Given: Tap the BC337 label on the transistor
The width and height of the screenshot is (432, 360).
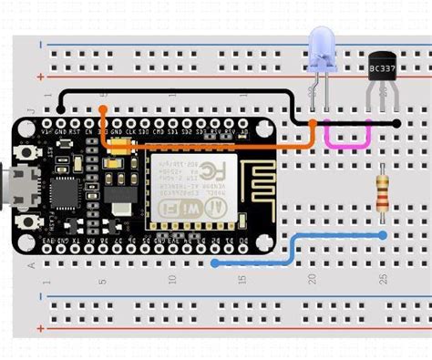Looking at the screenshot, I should [381, 68].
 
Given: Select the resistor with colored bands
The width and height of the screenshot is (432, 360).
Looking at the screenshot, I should [384, 194].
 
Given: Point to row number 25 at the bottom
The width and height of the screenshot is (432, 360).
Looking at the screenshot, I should [384, 278].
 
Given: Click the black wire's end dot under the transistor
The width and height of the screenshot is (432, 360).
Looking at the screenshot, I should [398, 121].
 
